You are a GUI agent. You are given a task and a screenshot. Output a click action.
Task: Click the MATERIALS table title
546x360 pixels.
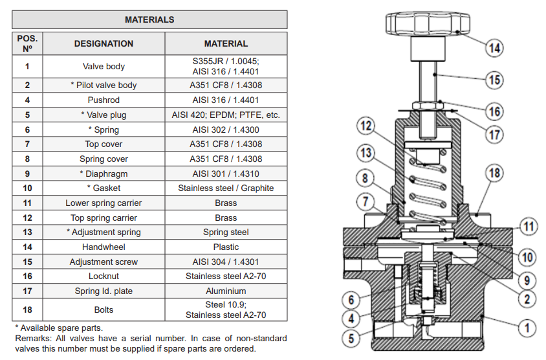[x=149, y=19]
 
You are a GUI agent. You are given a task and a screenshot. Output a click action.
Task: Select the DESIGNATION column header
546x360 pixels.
[x=104, y=43]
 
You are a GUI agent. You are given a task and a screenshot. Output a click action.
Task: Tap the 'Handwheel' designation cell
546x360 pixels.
[x=104, y=247]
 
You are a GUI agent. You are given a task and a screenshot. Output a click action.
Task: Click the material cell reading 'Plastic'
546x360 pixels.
[x=226, y=247]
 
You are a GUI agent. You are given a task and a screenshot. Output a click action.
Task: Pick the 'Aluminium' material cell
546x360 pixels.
[x=226, y=291]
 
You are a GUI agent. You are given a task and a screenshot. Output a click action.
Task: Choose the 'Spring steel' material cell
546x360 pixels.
[x=226, y=232]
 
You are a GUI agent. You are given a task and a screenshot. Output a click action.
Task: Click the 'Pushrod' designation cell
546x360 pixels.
[x=104, y=100]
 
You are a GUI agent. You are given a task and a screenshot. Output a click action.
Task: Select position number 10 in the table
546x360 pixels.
[x=27, y=188]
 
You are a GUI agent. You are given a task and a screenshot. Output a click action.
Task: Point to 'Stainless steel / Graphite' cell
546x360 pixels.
[x=226, y=188]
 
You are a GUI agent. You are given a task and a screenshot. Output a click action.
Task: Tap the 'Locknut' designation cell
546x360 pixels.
[x=104, y=276]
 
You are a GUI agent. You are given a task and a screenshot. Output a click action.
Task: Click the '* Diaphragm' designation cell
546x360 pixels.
[x=104, y=174]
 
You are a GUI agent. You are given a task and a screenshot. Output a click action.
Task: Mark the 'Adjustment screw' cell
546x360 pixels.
[x=104, y=262]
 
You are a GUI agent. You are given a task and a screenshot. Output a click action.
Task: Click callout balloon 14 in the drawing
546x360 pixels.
[x=494, y=48]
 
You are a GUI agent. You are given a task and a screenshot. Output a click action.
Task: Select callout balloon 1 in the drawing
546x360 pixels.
[x=527, y=328]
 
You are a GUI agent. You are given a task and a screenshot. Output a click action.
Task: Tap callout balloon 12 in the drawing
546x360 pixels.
[x=366, y=124]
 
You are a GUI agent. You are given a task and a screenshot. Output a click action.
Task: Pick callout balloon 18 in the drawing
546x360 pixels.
[x=494, y=173]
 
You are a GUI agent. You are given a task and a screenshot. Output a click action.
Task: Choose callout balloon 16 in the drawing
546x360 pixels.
[x=494, y=111]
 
